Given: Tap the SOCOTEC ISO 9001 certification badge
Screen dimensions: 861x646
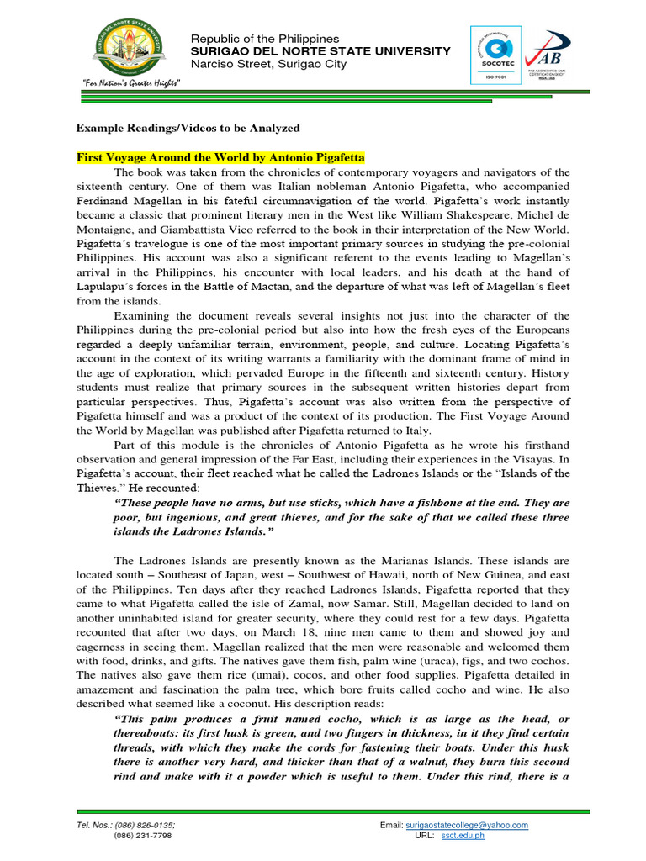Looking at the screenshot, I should pyautogui.click(x=496, y=55).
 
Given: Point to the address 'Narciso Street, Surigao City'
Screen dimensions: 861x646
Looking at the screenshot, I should pyautogui.click(x=268, y=64).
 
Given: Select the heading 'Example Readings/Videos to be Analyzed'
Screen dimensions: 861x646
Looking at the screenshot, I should pyautogui.click(x=188, y=128).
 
